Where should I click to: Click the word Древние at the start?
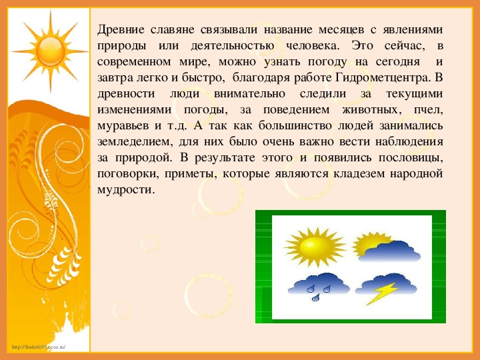pyautogui.click(x=121, y=30)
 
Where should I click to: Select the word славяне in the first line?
pyautogui.click(x=173, y=30)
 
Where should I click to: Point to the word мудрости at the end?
pyautogui.click(x=125, y=190)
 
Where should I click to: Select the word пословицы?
pyautogui.click(x=411, y=158)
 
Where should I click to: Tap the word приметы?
pyautogui.click(x=191, y=174)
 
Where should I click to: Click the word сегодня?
pyautogui.click(x=397, y=62)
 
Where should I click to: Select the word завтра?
pyautogui.click(x=115, y=78)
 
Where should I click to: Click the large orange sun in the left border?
pyautogui.click(x=50, y=51)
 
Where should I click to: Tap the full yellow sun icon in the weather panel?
pyautogui.click(x=315, y=247)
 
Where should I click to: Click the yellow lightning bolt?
pyautogui.click(x=382, y=293)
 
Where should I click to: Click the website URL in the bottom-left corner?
pyautogui.click(x=39, y=347)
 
